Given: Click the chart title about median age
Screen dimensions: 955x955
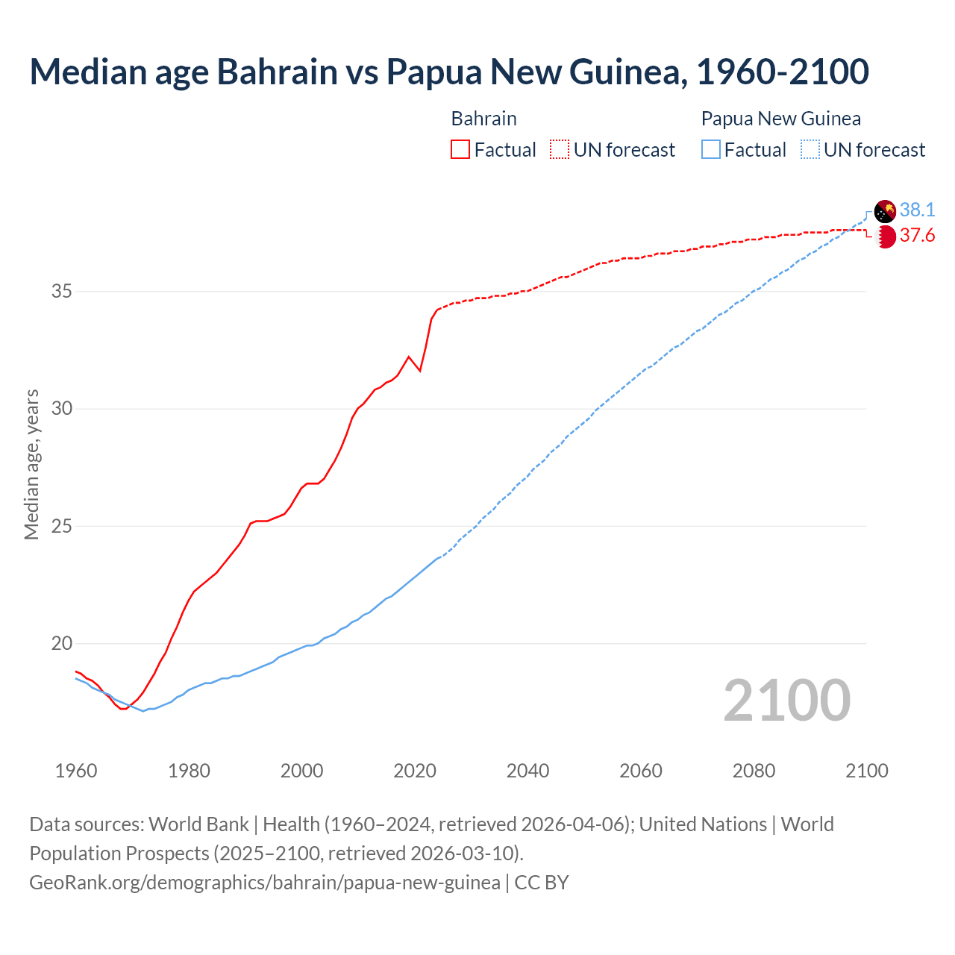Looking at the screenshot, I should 449,72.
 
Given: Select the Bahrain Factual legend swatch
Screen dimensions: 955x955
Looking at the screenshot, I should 460,150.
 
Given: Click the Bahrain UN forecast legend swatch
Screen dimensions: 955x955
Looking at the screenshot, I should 560,150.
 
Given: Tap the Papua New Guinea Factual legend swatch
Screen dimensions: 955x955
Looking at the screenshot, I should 711,150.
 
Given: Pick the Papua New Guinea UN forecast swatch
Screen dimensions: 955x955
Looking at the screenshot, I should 810,150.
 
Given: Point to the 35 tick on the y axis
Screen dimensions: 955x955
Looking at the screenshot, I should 61,291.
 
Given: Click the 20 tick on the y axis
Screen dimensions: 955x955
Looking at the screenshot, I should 61,643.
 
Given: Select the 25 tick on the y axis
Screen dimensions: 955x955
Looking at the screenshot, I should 61,526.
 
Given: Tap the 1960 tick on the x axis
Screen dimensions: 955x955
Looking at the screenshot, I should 76,771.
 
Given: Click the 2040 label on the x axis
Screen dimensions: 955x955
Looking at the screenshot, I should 527,771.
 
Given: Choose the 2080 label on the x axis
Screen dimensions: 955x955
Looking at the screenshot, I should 754,771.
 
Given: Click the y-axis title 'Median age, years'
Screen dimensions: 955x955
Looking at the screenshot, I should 31,464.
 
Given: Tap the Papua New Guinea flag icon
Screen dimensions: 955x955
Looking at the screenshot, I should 885,211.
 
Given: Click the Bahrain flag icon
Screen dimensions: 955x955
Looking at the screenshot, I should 885,237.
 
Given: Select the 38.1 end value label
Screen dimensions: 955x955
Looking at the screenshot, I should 917,210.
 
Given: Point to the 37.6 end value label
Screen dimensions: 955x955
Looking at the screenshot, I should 917,236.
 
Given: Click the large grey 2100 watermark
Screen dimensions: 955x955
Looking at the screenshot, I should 786,701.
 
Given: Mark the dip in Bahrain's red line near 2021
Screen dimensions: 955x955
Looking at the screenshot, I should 420,370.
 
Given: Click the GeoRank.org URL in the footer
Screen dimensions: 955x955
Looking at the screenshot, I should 265,883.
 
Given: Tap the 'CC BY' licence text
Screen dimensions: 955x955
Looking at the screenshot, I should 542,883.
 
